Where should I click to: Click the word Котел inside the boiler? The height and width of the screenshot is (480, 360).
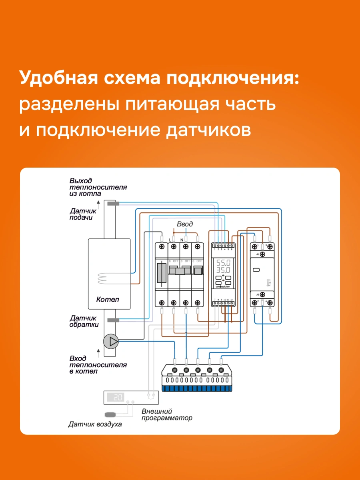coord(108,299)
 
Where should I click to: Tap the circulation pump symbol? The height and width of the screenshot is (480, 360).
coord(111,341)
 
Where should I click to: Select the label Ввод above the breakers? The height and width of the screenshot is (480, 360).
coord(185,224)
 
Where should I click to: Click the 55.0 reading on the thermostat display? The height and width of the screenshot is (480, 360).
coord(223,263)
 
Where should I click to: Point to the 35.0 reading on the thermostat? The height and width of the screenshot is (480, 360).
coord(223,270)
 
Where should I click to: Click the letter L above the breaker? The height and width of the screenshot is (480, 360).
coord(170,239)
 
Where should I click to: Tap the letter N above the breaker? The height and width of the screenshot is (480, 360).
coord(182,239)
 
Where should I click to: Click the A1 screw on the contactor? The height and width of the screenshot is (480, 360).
coord(262,254)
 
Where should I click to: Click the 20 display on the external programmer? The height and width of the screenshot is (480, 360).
coord(118,397)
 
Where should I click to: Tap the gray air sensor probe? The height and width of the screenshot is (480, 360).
coord(111,414)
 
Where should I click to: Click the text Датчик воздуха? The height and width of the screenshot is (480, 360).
coord(95,424)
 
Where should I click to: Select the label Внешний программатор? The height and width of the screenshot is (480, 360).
coord(167,414)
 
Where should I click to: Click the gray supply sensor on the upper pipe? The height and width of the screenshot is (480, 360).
coord(113,204)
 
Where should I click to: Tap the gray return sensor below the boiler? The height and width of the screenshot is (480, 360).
coord(113,320)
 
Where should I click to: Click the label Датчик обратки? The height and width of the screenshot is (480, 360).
coord(84,321)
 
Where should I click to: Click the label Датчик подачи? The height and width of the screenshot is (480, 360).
coord(83,214)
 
